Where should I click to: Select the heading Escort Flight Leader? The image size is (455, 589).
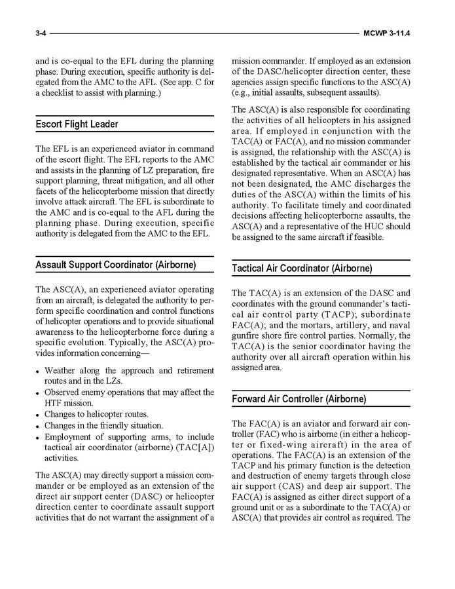click(x=77, y=124)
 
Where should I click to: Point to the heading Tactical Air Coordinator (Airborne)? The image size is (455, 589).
click(x=302, y=269)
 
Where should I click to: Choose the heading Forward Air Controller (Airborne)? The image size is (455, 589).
click(x=299, y=399)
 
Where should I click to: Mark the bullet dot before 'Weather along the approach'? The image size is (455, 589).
click(x=39, y=371)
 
